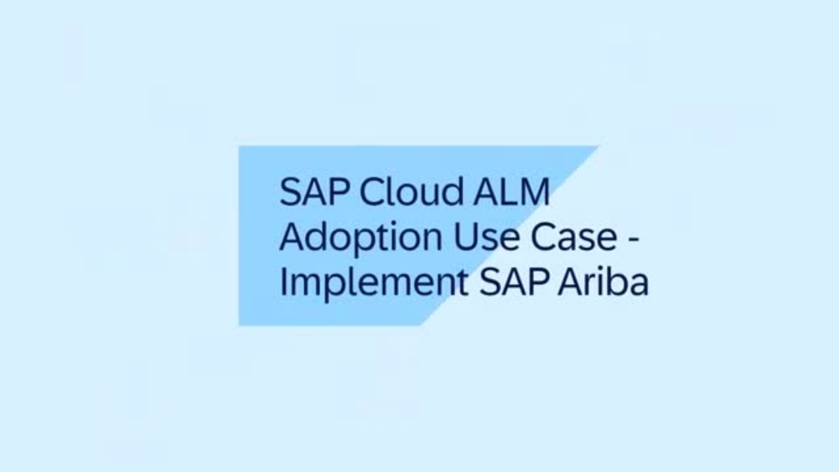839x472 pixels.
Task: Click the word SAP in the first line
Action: click(315, 192)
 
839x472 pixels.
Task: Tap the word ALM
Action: click(512, 192)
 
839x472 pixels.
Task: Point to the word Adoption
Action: click(361, 238)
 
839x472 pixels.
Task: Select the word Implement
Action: click(374, 284)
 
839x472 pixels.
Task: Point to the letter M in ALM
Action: click(534, 192)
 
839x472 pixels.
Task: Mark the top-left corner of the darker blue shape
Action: click(239, 146)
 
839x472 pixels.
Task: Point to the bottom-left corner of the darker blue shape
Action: click(239, 325)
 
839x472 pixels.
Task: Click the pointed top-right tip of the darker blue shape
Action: click(597, 146)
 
